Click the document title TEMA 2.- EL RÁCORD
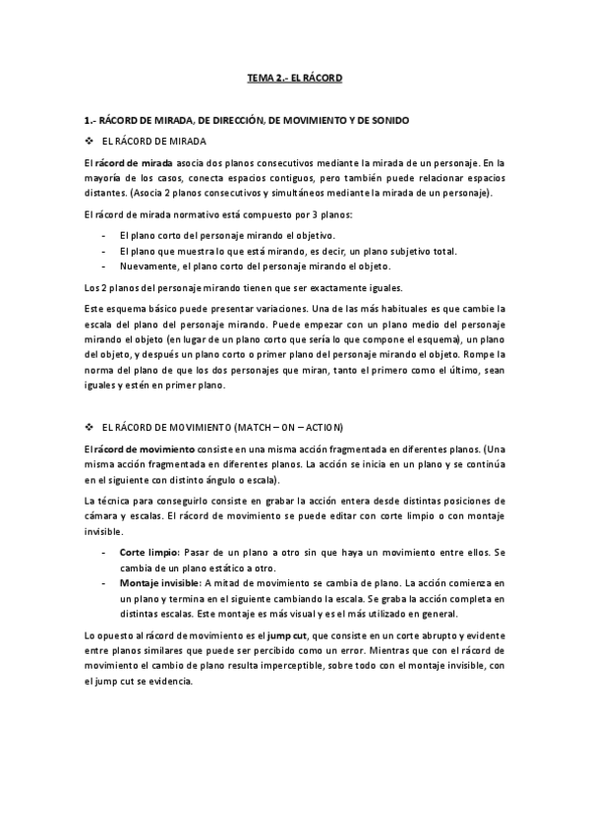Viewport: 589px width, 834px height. point(294,76)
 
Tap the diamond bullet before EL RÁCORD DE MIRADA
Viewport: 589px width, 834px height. point(89,141)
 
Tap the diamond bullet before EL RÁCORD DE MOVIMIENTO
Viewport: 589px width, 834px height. point(89,427)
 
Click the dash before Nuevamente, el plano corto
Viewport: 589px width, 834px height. point(104,266)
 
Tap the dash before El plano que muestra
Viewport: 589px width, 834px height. point(104,251)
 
